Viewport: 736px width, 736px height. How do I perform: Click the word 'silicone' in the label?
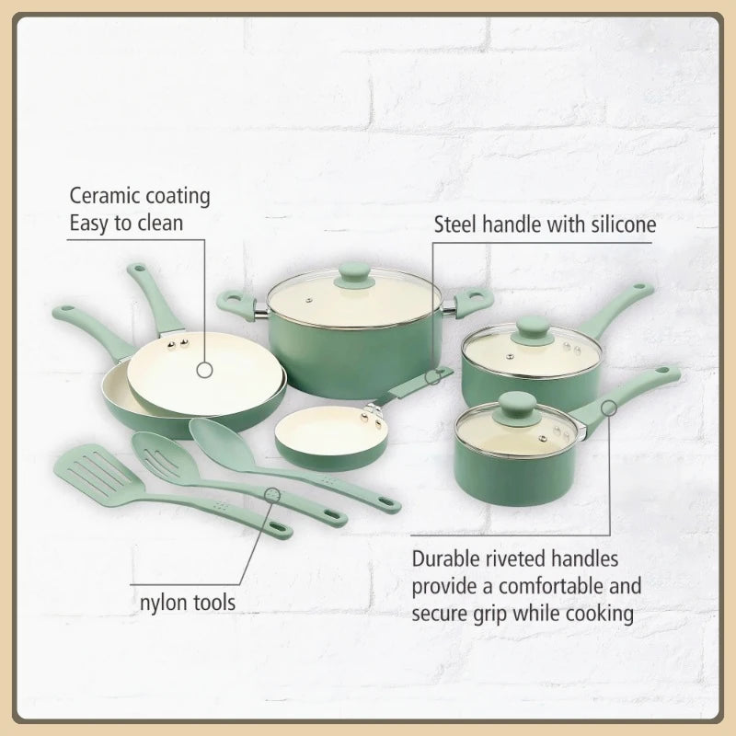(618, 224)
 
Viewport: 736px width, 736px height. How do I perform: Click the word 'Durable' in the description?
(449, 560)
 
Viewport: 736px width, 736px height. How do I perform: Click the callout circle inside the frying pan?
(204, 370)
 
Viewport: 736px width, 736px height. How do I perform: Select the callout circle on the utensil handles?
(273, 495)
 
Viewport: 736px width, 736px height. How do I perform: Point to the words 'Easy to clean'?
(127, 222)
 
